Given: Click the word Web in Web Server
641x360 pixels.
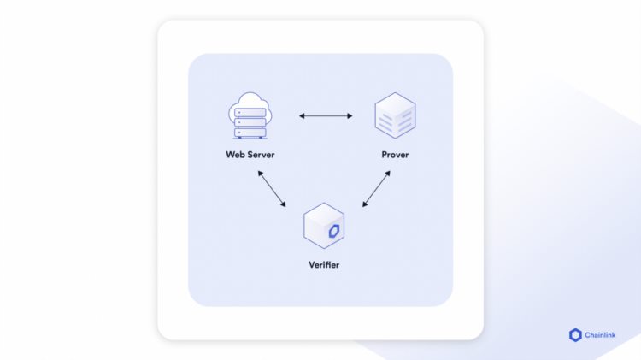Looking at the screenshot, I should tap(236, 155).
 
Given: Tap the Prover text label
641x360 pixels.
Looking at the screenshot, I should tap(395, 155).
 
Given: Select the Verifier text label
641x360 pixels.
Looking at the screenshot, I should tap(324, 265).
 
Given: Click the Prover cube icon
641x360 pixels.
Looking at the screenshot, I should tap(395, 116).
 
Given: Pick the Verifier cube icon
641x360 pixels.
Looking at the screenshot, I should tap(324, 227).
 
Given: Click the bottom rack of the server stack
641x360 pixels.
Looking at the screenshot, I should tap(250, 133).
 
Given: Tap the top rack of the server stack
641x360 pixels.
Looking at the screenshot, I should tap(250, 113).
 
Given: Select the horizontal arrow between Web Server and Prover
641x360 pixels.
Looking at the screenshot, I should tap(326, 115).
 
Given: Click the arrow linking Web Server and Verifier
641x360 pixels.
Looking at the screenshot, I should tap(272, 188).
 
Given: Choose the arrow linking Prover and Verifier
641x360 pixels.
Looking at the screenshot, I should tap(377, 188).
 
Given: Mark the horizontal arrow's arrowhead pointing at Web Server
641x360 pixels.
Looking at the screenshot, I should tap(301, 115).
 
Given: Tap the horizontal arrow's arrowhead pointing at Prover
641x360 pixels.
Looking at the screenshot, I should tap(350, 115).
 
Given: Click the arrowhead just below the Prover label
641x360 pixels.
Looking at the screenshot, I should tap(389, 174).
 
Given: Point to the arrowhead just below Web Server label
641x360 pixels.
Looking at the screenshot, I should tap(260, 174).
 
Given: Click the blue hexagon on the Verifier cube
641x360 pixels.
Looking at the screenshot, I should tap(334, 231).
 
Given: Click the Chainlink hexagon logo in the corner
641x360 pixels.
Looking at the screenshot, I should tap(575, 336).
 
